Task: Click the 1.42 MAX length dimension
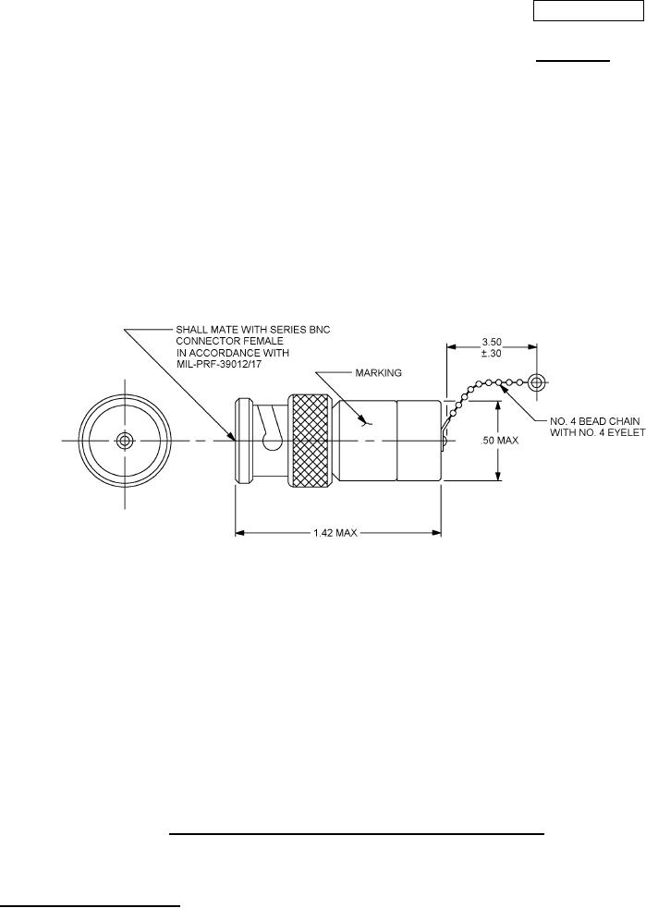(335, 533)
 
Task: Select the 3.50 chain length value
(492, 343)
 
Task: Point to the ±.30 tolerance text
(492, 353)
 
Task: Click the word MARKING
(378, 373)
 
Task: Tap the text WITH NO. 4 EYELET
(597, 432)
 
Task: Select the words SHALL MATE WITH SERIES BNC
(253, 330)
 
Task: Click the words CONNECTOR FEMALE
(229, 341)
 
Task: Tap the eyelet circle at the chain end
(537, 382)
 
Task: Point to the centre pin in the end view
(124, 441)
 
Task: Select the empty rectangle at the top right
(587, 11)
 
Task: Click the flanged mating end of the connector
(243, 441)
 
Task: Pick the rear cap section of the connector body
(419, 441)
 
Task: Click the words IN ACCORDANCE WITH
(232, 352)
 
